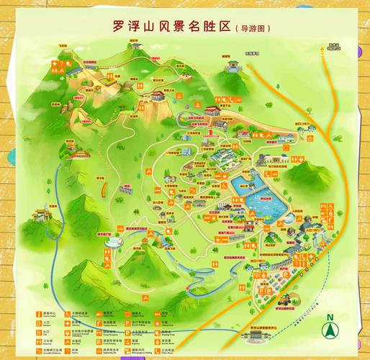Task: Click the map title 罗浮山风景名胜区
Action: click(173, 27)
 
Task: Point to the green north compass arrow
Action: click(330, 333)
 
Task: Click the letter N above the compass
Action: click(330, 318)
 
